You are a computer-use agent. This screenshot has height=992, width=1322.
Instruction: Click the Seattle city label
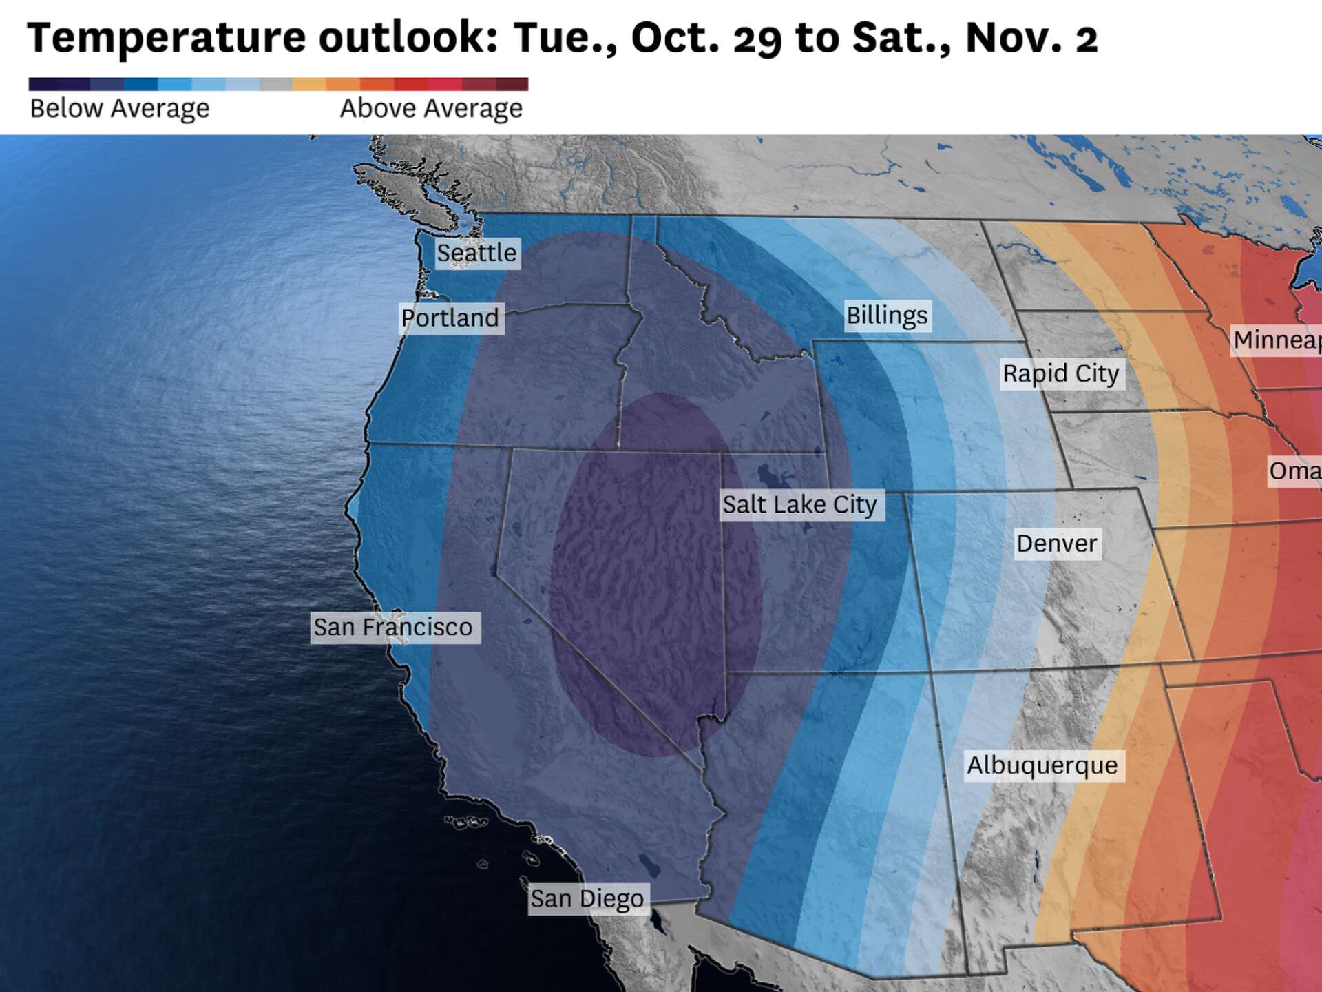click(x=476, y=253)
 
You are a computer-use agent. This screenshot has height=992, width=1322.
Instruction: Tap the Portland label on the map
click(x=450, y=318)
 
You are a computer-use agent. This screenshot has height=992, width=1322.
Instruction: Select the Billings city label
click(x=887, y=316)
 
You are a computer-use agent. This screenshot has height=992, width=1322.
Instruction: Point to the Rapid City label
click(x=1061, y=373)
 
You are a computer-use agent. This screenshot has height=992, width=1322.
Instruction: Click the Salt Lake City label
click(x=799, y=504)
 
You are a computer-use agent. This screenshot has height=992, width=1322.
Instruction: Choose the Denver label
click(x=1057, y=544)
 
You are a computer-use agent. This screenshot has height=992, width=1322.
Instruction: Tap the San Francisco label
click(x=394, y=628)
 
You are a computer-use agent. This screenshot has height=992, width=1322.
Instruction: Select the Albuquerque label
click(x=1042, y=765)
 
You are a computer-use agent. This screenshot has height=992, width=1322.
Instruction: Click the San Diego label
click(x=587, y=899)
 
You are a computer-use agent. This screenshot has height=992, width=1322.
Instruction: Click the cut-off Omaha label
click(x=1294, y=471)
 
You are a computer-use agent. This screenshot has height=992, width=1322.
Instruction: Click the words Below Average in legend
click(x=120, y=109)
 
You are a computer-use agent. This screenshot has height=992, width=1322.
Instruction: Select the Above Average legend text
click(x=431, y=109)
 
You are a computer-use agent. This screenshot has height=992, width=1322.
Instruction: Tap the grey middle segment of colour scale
click(x=276, y=84)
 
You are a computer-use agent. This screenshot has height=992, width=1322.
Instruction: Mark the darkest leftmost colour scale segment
click(x=43, y=84)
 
